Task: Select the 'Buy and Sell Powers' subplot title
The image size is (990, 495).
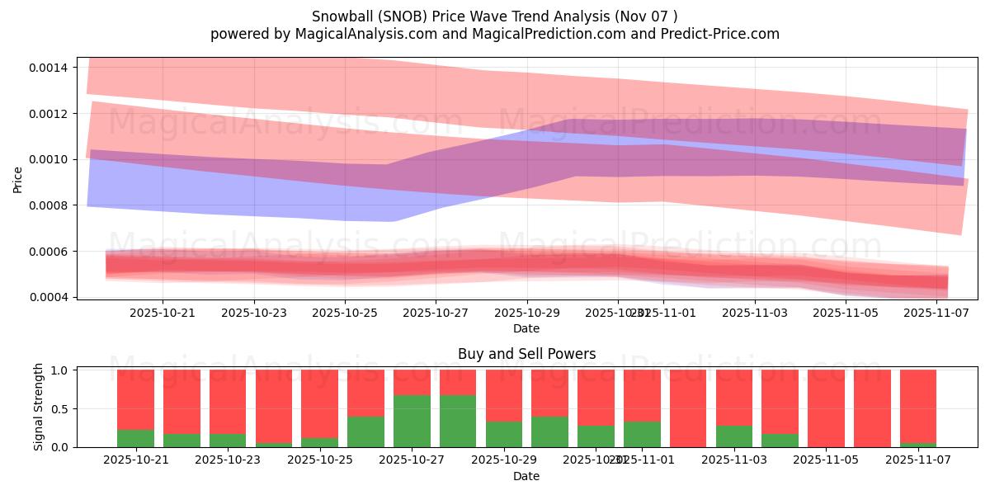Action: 526,355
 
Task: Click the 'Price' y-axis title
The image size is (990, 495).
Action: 18,179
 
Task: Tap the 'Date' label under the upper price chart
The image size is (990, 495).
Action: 526,328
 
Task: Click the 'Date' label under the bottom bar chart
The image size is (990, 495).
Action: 526,476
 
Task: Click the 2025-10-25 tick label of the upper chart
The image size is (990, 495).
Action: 345,313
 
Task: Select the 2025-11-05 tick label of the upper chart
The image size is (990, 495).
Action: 845,313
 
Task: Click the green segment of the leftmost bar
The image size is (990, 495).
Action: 135,439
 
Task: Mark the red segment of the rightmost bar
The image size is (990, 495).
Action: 918,404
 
